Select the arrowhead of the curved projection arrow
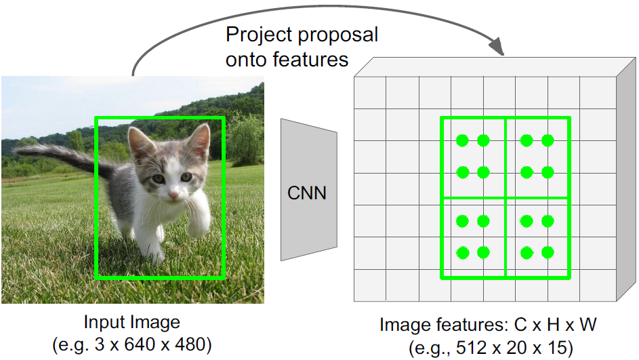497,48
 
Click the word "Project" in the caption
255,35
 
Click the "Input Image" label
131,321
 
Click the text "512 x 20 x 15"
501,348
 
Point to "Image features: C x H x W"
487,325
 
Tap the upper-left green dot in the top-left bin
462,141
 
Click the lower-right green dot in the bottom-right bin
548,253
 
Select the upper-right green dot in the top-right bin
548,141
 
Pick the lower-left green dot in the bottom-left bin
462,253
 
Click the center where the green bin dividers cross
506,197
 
